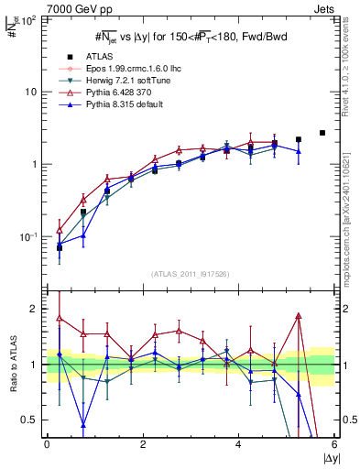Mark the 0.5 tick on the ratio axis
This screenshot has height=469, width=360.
[33, 420]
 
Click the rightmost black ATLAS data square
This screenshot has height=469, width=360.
[322, 133]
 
